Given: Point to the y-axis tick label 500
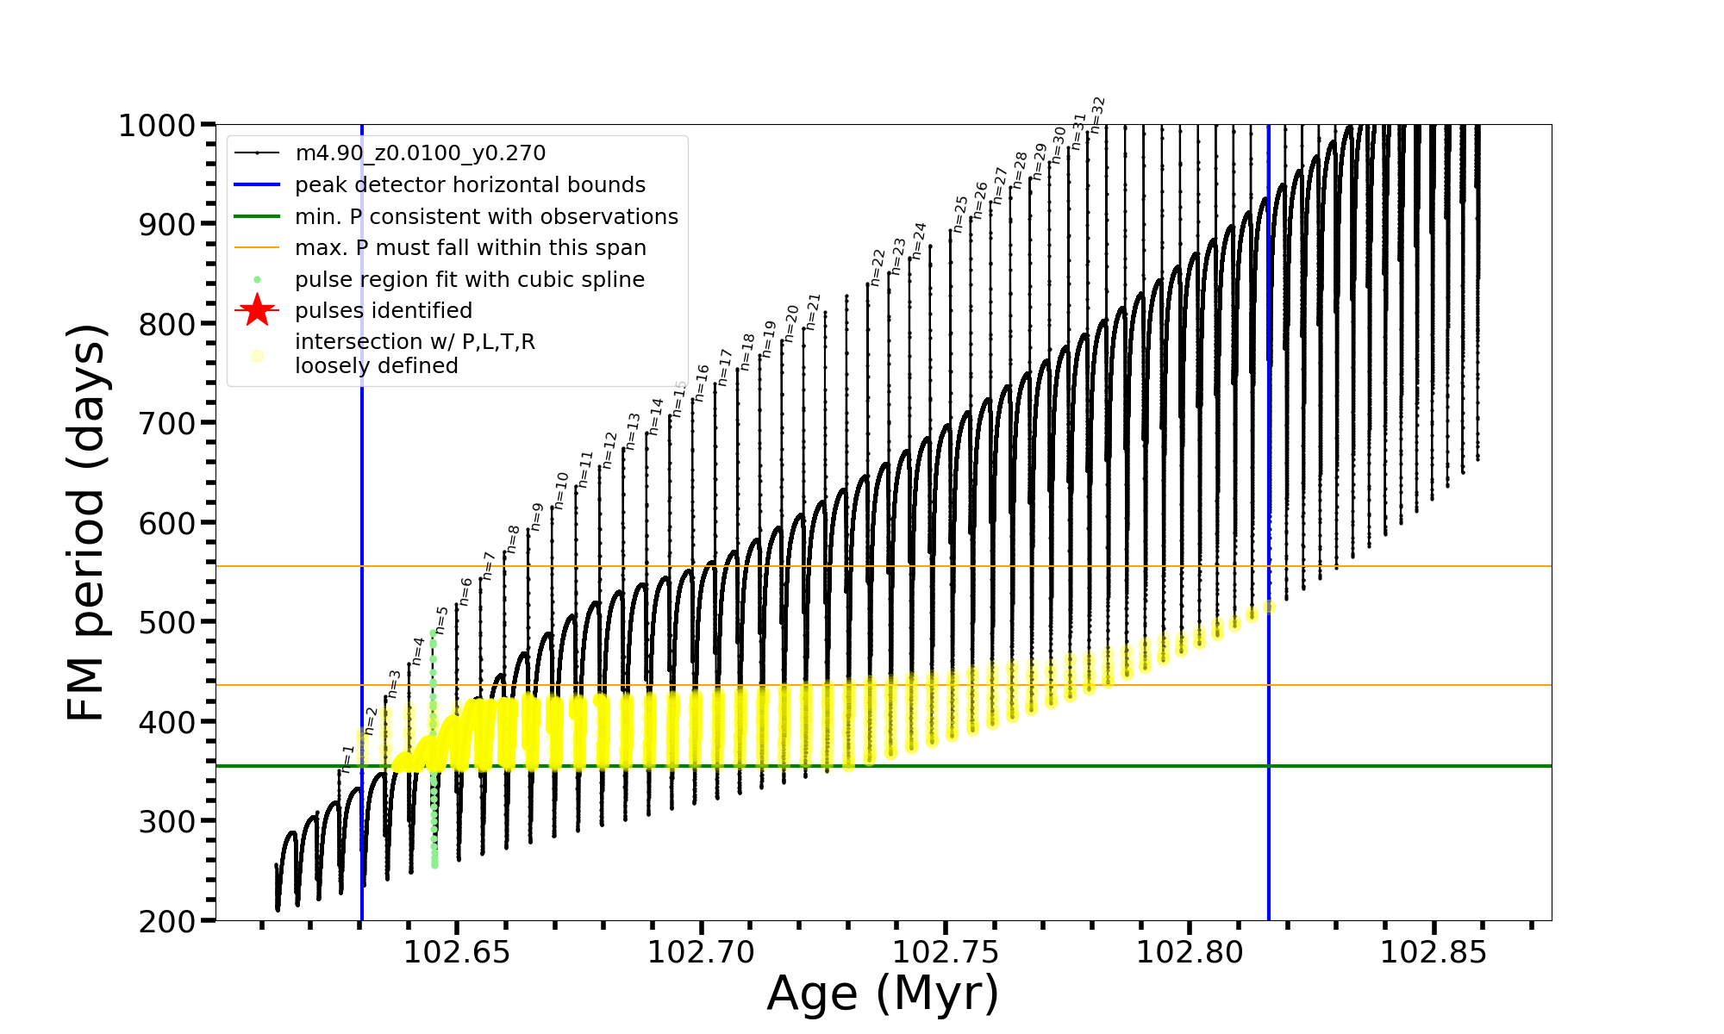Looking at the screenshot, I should coord(169,622).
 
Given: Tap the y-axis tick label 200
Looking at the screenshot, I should coord(169,921).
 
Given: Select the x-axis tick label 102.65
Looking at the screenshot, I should coord(457,952).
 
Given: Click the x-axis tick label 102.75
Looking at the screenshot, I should coord(946,952).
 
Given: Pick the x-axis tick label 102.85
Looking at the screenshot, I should coord(1434,952).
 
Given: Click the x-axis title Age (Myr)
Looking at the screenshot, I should coord(883,994).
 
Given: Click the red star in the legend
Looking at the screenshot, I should coord(257,310).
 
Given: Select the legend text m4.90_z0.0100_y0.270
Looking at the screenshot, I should coord(420,153).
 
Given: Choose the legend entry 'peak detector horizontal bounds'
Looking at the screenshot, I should coord(470,185).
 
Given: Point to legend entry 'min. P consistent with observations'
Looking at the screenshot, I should coord(486,216).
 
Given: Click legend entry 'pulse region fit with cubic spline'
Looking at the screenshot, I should coord(469,280).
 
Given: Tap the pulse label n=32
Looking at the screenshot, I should coord(1097,115).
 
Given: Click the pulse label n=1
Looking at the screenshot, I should coord(347,759).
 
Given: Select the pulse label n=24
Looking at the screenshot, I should coord(919,240).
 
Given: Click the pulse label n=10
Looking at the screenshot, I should coord(561,490).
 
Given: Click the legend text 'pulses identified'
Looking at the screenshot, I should coord(383,311).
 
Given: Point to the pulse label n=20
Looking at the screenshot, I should coord(792,323).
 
